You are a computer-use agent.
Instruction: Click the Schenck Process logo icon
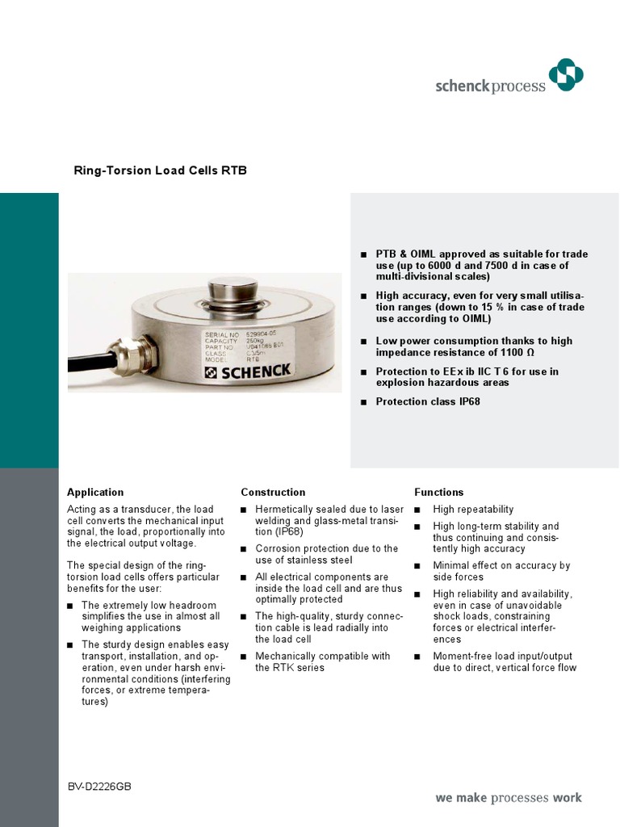point(565,75)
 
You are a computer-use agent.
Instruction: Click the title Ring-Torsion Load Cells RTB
point(160,170)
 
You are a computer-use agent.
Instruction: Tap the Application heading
point(95,492)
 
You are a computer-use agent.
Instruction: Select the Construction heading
point(273,492)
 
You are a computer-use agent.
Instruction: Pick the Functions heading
point(438,492)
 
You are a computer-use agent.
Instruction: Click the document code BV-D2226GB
point(100,786)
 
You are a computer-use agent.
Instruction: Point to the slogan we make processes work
point(508,798)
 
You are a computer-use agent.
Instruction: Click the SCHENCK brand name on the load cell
point(249,371)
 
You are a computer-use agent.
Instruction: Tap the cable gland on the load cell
point(128,354)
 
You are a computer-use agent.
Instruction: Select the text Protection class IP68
point(428,401)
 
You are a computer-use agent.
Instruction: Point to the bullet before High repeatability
point(417,510)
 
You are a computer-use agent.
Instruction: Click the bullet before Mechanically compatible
point(244,657)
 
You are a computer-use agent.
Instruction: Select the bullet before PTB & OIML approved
point(363,254)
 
